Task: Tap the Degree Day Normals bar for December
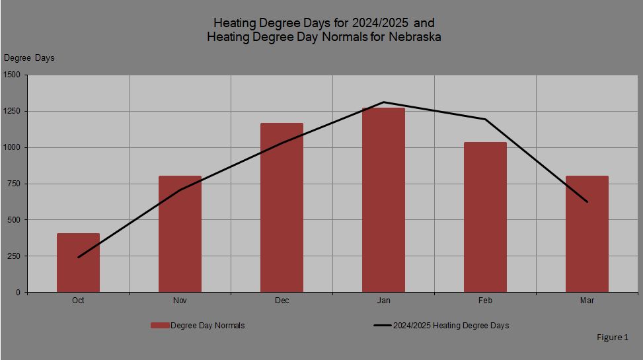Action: pyautogui.click(x=282, y=207)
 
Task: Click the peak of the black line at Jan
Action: pyautogui.click(x=383, y=102)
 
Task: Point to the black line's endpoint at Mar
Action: pyautogui.click(x=587, y=201)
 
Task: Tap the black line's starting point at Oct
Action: pyautogui.click(x=78, y=257)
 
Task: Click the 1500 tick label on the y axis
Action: pyautogui.click(x=12, y=75)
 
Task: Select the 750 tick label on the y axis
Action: pyautogui.click(x=14, y=184)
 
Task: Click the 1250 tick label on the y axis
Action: pyautogui.click(x=12, y=112)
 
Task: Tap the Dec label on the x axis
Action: pyautogui.click(x=282, y=301)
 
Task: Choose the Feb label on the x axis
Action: pyautogui.click(x=485, y=301)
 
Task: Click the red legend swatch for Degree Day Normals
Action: pyautogui.click(x=160, y=326)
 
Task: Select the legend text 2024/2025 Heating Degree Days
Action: pyautogui.click(x=451, y=326)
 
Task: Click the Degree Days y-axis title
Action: pyautogui.click(x=29, y=58)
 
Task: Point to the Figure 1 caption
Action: pyautogui.click(x=613, y=338)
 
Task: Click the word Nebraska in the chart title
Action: pyautogui.click(x=414, y=38)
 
